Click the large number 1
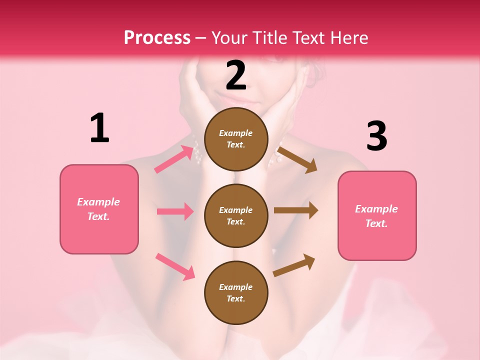click(99, 128)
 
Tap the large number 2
click(236, 75)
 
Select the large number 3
click(376, 136)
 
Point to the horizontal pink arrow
click(175, 211)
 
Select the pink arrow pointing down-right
click(175, 266)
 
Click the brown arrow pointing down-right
click(297, 159)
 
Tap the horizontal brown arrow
click(296, 210)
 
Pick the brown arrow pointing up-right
click(294, 265)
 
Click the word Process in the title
click(157, 37)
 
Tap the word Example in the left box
click(98, 202)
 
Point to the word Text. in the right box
click(376, 223)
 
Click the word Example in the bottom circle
click(236, 287)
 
